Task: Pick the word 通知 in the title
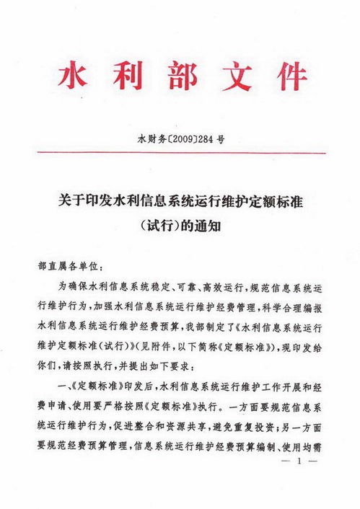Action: click(x=207, y=224)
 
